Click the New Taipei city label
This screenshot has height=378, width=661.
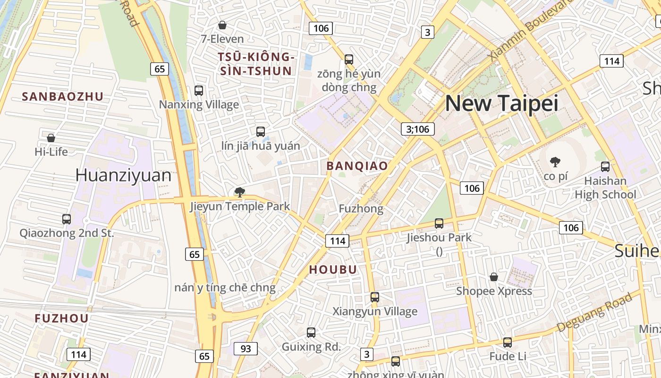pyautogui.click(x=501, y=103)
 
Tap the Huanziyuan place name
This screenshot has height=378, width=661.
pyautogui.click(x=123, y=175)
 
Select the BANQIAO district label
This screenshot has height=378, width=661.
pyautogui.click(x=357, y=166)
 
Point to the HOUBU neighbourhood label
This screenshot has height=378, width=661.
pyautogui.click(x=333, y=270)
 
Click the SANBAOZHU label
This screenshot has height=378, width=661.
pyautogui.click(x=63, y=97)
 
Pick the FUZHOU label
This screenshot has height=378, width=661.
pyautogui.click(x=61, y=318)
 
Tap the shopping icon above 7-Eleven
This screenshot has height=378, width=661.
pyautogui.click(x=222, y=25)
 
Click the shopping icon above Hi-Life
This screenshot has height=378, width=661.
pyautogui.click(x=51, y=138)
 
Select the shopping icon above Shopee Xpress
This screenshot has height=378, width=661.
pyautogui.click(x=494, y=277)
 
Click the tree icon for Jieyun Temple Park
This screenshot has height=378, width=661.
pyautogui.click(x=240, y=192)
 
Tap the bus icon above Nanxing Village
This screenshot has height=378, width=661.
pyautogui.click(x=199, y=91)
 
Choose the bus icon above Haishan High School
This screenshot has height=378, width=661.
pyautogui.click(x=605, y=167)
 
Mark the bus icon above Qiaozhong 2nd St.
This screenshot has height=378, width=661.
pyautogui.click(x=67, y=219)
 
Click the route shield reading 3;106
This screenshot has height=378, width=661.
pyautogui.click(x=417, y=129)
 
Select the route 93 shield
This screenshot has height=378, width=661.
pyautogui.click(x=246, y=349)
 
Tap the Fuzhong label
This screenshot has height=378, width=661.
pyautogui.click(x=361, y=208)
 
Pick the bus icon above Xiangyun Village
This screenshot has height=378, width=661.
pyautogui.click(x=375, y=297)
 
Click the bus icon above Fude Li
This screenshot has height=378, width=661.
pyautogui.click(x=508, y=343)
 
